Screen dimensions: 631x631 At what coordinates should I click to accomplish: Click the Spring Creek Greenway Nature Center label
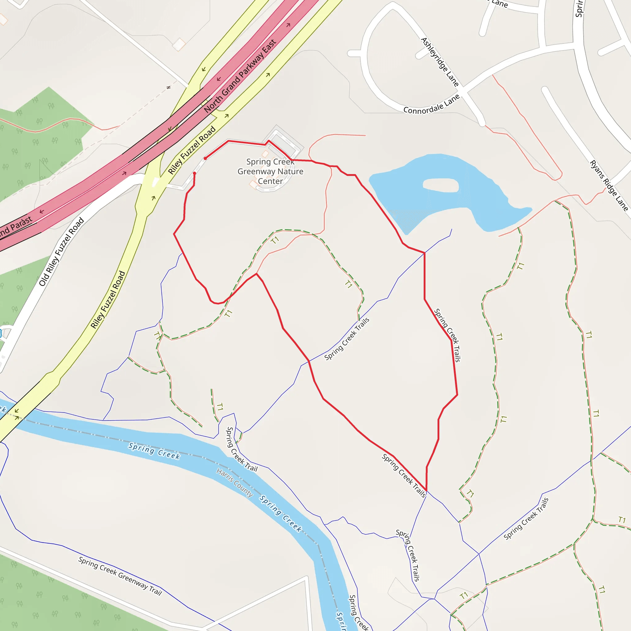point(270,172)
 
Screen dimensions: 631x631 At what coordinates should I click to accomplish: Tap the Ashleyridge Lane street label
point(440,62)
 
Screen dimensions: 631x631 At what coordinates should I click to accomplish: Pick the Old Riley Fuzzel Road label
point(62,251)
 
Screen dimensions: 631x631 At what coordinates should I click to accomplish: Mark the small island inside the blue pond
point(441,185)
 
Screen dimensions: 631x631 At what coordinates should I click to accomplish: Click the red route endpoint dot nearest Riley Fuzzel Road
point(205,158)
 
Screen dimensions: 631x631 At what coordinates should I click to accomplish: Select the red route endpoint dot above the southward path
point(194,173)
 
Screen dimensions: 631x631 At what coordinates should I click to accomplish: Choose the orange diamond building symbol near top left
point(179,44)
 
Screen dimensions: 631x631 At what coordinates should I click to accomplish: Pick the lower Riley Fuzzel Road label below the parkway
point(108,299)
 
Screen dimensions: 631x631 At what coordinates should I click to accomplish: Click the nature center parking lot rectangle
point(283,144)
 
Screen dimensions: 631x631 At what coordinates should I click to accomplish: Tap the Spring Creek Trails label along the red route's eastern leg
point(447,335)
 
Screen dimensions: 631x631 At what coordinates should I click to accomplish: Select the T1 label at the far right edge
point(622,520)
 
